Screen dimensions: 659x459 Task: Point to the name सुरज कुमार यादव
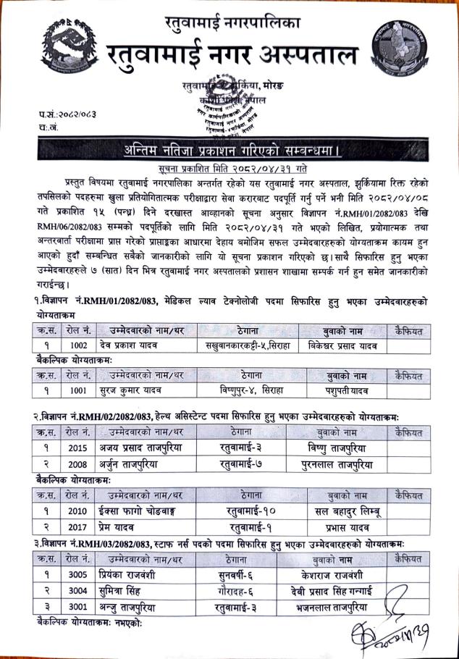(133, 392)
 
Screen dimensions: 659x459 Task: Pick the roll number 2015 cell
(77, 448)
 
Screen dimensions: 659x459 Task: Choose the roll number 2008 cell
(77, 463)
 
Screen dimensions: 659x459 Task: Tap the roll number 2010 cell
(77, 511)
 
